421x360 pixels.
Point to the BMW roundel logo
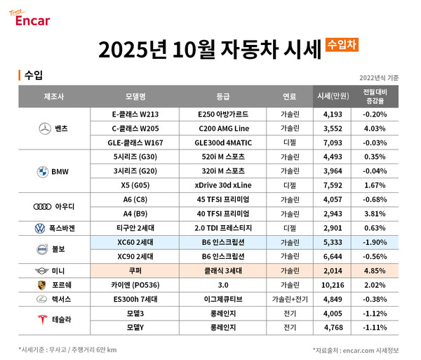coord(44,171)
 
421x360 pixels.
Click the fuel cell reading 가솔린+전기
coord(288,300)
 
